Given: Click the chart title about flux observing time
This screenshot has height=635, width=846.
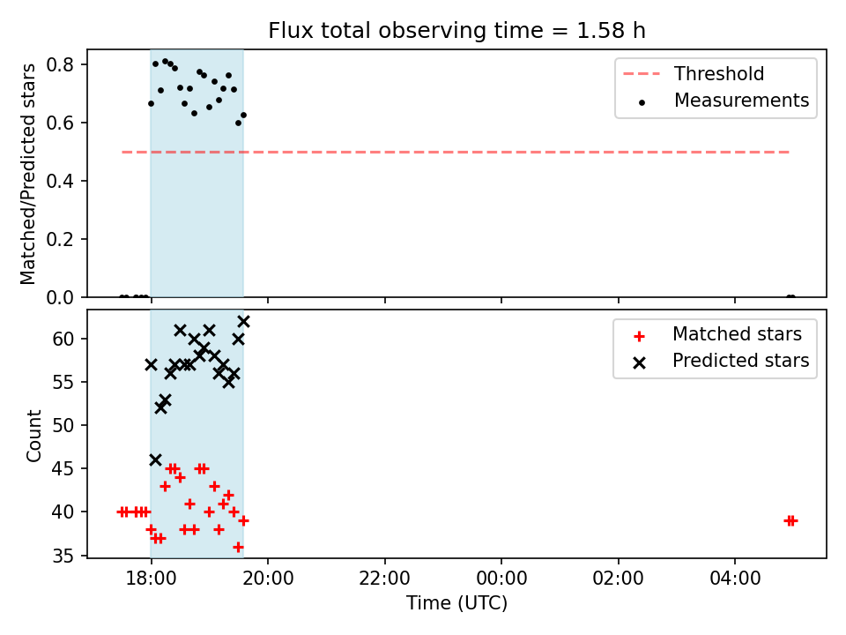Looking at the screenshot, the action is [x=456, y=31].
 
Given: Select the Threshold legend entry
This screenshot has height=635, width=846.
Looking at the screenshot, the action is [x=694, y=73].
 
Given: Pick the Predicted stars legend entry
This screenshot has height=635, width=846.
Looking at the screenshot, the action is [x=721, y=361].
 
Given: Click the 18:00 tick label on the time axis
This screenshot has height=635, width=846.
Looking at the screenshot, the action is [x=151, y=579].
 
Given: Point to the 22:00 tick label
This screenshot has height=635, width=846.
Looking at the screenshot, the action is [x=385, y=579].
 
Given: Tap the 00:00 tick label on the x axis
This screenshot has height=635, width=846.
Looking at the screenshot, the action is [x=501, y=579].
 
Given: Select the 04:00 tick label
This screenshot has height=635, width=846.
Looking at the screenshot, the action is [x=735, y=579].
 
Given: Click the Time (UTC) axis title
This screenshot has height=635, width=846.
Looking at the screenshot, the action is [x=457, y=602].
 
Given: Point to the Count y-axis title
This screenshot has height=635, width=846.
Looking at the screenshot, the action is [x=33, y=436].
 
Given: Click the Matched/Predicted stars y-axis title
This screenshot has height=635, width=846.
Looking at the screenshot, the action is [x=27, y=174].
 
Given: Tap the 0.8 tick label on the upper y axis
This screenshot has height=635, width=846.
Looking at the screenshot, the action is [x=59, y=64].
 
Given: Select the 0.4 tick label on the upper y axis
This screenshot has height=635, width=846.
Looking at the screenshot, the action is [x=59, y=181].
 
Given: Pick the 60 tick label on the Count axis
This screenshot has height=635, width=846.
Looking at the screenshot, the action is [x=63, y=339].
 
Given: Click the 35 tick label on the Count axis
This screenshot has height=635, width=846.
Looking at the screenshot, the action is [x=63, y=556].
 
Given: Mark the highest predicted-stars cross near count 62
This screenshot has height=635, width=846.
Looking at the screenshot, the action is [x=244, y=322].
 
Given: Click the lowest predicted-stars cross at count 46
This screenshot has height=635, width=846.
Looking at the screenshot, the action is [x=155, y=460].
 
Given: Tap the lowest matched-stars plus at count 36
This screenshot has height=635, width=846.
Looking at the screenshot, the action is [x=239, y=547].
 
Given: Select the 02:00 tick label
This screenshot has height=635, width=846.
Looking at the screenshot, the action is [x=619, y=579].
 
